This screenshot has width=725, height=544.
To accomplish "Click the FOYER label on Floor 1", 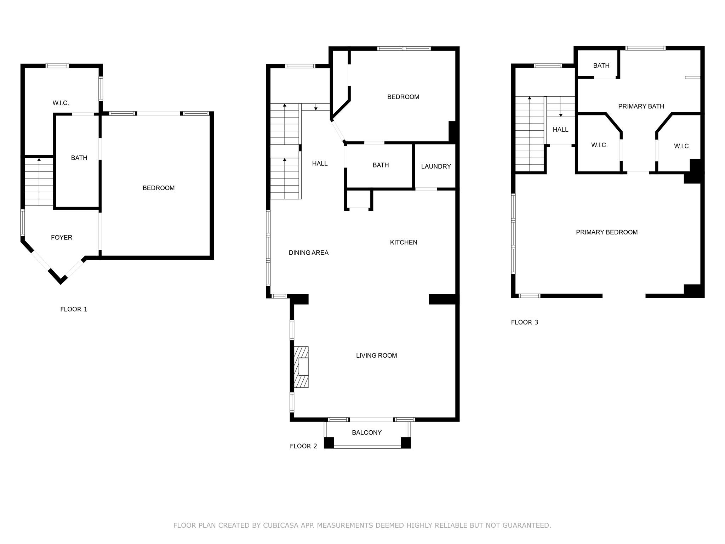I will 62,238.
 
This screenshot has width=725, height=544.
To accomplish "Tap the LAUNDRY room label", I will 436,166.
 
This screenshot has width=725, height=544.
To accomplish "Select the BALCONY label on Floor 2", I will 366,432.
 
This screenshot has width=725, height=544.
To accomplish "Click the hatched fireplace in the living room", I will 301,367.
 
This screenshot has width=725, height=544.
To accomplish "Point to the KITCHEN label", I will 404,242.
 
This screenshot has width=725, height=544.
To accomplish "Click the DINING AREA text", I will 308,253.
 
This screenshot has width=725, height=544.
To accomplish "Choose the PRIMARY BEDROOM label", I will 606,232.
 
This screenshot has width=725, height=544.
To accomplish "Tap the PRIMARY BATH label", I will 641,106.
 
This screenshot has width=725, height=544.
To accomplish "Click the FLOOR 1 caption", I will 74,309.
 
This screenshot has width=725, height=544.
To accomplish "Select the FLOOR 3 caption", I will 524,322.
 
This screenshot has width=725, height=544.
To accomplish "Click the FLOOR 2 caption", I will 303,446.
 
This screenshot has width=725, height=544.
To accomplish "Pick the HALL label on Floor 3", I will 560,130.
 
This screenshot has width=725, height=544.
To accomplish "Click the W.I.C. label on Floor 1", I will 61,103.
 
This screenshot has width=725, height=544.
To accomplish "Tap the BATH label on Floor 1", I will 79,158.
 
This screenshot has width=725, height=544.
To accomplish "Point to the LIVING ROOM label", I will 376,356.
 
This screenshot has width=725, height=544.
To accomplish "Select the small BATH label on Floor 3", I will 601,66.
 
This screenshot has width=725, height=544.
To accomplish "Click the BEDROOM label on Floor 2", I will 403,97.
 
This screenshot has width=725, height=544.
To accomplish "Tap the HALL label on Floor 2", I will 320,164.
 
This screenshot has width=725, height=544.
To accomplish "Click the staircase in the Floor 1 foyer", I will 39,182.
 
